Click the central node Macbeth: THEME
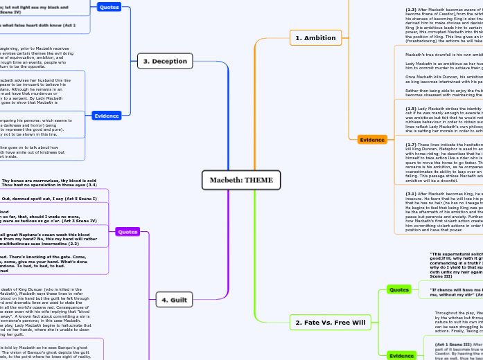241,181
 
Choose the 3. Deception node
166,61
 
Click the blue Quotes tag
109,8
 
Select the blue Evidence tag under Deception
107,116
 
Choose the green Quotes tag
398,289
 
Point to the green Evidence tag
401,355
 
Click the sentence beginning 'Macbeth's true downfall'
444,53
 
